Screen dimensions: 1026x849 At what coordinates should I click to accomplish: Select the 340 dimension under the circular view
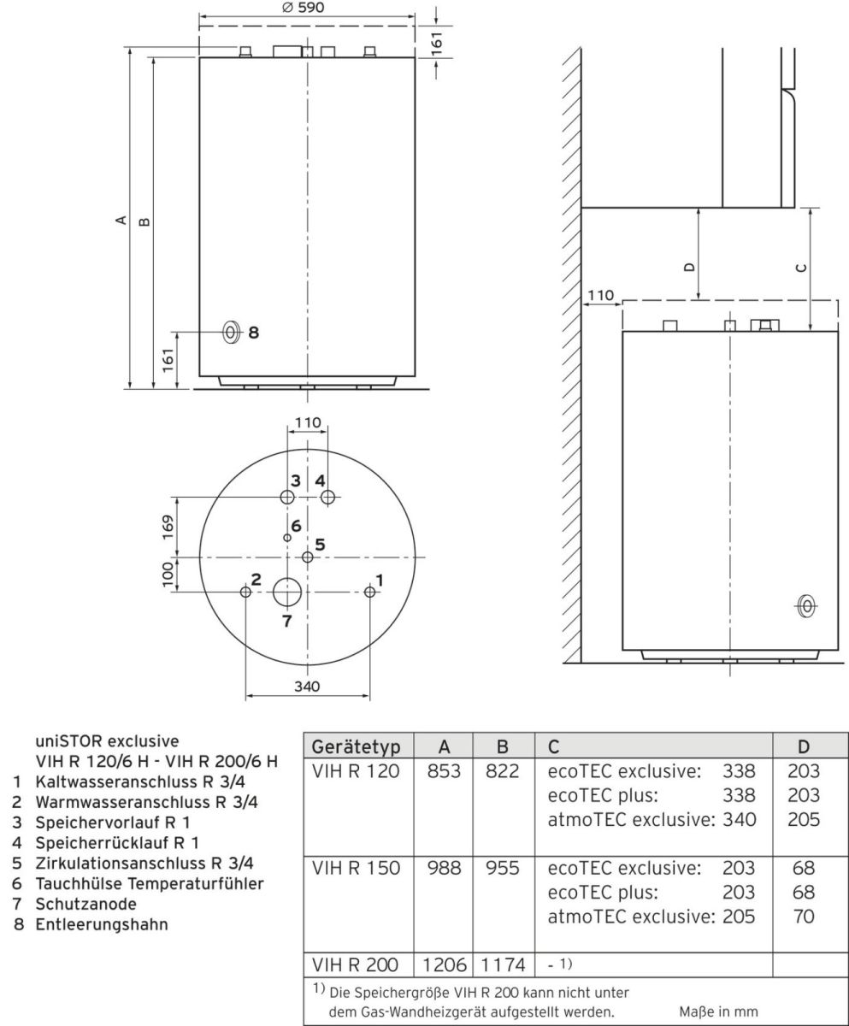[306, 687]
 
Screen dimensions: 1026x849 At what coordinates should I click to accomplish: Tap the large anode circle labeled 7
[287, 591]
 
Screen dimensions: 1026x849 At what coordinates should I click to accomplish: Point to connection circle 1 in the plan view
[369, 592]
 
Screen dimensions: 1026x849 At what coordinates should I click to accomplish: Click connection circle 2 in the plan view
[245, 592]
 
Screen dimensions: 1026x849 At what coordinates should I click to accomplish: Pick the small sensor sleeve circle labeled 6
[287, 537]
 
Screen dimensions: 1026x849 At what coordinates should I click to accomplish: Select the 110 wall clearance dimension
[600, 295]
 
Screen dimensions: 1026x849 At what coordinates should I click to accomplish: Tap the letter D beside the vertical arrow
[689, 266]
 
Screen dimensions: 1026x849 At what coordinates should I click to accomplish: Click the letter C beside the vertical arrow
[799, 266]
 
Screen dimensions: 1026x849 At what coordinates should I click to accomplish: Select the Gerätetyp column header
[352, 745]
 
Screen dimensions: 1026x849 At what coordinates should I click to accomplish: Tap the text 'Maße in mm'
[716, 1012]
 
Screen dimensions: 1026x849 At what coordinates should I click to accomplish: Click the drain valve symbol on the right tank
[805, 605]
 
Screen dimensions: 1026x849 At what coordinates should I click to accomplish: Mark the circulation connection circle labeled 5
[307, 557]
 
